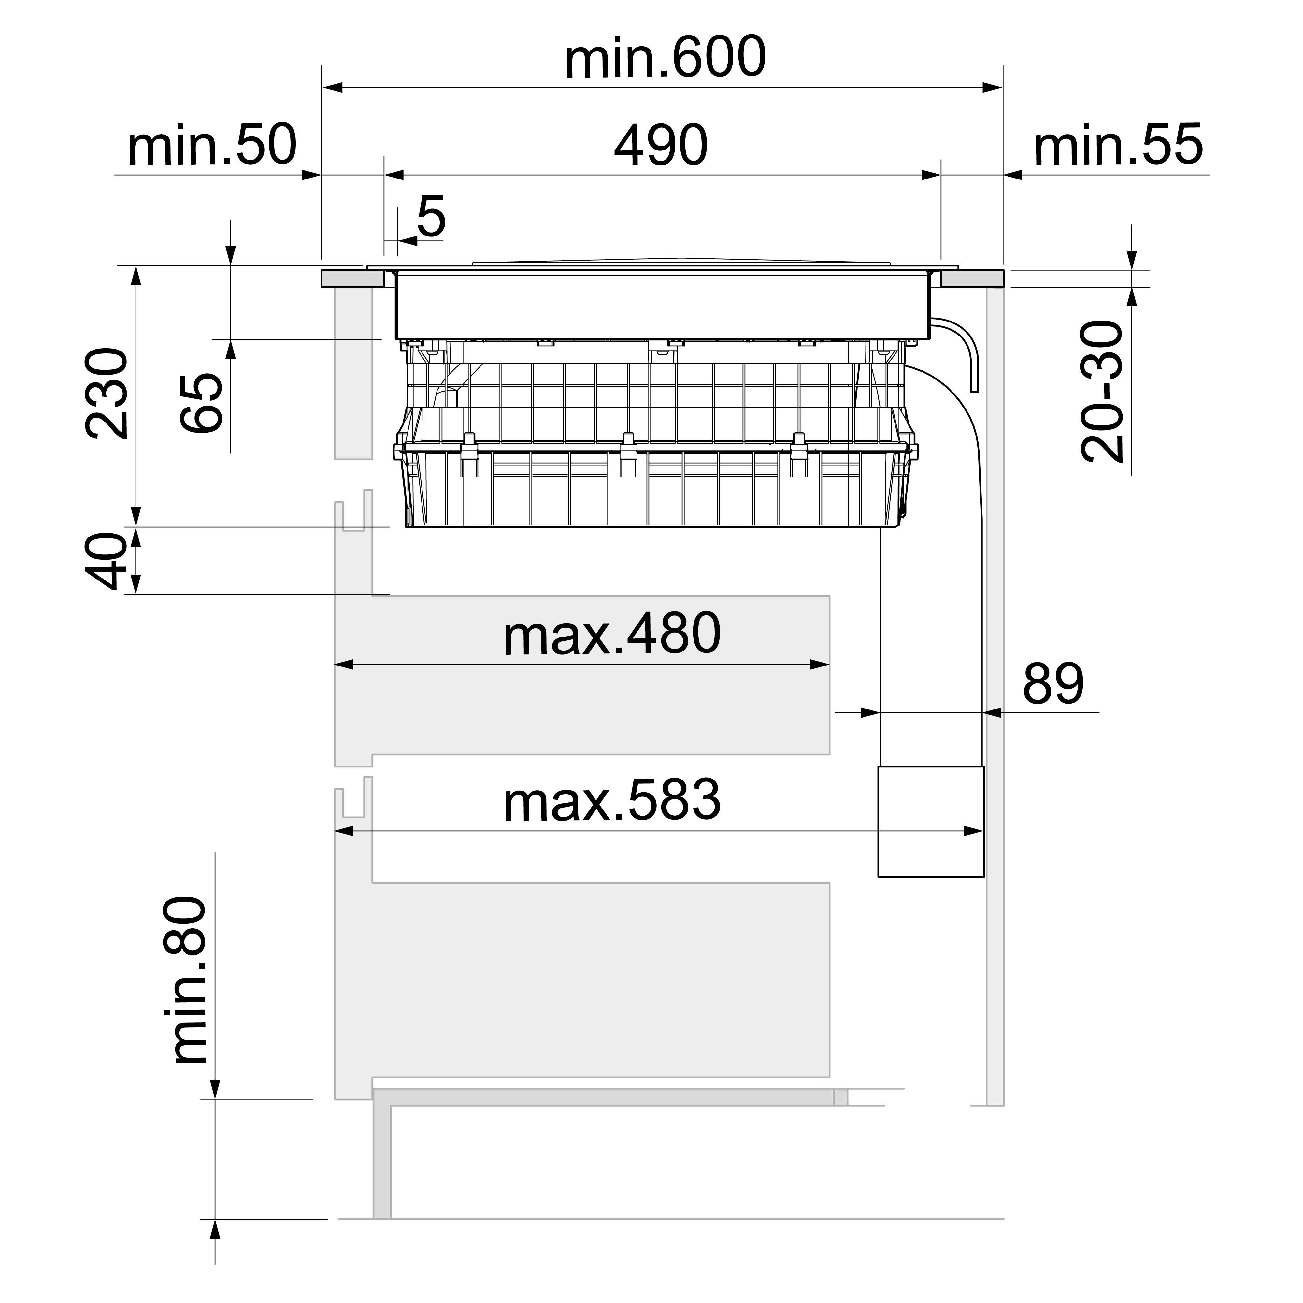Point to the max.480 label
pyautogui.click(x=612, y=635)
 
